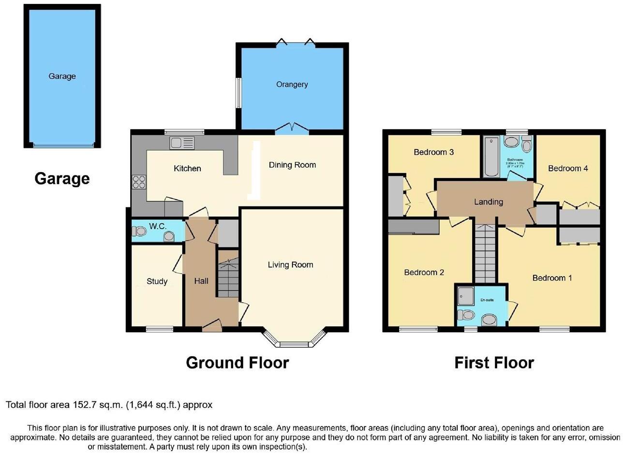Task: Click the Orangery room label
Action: click(292, 84)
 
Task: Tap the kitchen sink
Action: click(182, 143)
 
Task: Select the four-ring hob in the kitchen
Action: click(139, 182)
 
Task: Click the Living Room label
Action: click(290, 264)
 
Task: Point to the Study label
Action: click(157, 281)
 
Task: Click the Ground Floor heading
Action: click(237, 362)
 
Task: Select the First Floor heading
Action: click(494, 362)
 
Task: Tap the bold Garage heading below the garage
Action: click(62, 178)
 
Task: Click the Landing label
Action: click(489, 202)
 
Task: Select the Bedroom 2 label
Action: click(424, 272)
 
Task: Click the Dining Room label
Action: click(292, 165)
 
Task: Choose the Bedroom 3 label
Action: click(433, 152)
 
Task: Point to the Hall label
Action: click(201, 280)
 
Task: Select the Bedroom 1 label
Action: click(552, 278)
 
